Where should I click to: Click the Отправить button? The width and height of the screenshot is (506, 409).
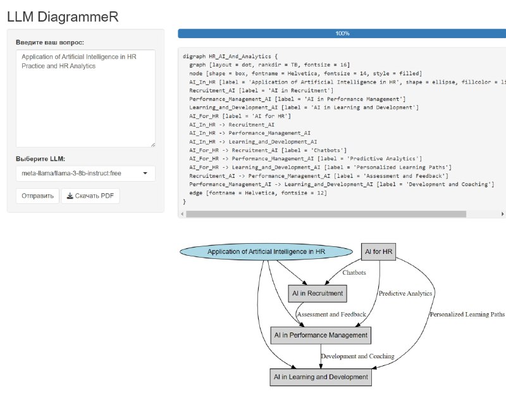point(37,196)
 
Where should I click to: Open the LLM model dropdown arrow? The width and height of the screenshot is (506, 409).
point(145,173)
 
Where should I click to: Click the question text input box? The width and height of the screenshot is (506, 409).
point(85,99)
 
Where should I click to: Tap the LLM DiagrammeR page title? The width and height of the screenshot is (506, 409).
point(63,17)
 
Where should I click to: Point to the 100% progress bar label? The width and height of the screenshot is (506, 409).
point(342,34)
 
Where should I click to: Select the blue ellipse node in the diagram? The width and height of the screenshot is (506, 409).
point(266,251)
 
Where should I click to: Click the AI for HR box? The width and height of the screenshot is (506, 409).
point(378,251)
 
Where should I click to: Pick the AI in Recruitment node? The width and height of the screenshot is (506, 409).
point(318,293)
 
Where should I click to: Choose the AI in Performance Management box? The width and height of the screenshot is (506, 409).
point(321,335)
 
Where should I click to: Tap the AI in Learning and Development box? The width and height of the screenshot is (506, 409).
point(321,377)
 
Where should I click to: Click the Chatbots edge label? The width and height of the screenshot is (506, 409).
point(354,273)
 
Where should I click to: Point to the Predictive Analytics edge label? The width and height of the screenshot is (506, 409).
point(405,293)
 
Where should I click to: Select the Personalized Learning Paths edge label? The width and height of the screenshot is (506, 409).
point(467,314)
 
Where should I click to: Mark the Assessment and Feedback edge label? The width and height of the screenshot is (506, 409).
point(331,314)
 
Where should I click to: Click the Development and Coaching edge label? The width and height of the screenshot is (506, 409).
point(357,356)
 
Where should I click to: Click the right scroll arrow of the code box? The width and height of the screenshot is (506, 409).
point(502,214)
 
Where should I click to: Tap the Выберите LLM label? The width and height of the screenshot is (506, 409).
point(40,159)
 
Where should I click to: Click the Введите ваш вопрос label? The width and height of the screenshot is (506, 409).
point(50,42)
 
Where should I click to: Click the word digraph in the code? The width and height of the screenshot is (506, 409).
point(194,56)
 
